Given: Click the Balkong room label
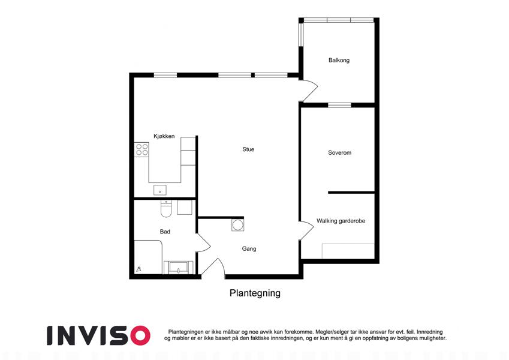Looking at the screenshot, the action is (x=339, y=60).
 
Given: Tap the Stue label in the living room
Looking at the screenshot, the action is (x=248, y=149).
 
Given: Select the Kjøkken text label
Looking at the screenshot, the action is (x=164, y=136).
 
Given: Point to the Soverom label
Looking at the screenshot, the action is (x=339, y=153).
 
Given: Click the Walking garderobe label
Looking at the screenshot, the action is (x=341, y=221).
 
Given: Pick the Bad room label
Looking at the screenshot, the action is (x=165, y=232).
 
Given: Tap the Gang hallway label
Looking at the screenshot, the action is (x=249, y=249).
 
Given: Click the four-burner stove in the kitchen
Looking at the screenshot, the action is (x=142, y=150).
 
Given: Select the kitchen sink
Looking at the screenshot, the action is (x=159, y=190).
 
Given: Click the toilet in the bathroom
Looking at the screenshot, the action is (x=165, y=209).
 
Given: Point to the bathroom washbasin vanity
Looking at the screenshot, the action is (x=178, y=268).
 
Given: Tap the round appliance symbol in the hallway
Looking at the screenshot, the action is (x=237, y=225).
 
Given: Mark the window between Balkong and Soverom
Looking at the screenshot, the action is (x=339, y=105).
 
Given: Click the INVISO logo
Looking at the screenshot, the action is (x=98, y=335).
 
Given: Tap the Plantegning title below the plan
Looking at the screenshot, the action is (x=255, y=293).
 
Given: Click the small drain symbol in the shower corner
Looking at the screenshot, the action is (x=139, y=269).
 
